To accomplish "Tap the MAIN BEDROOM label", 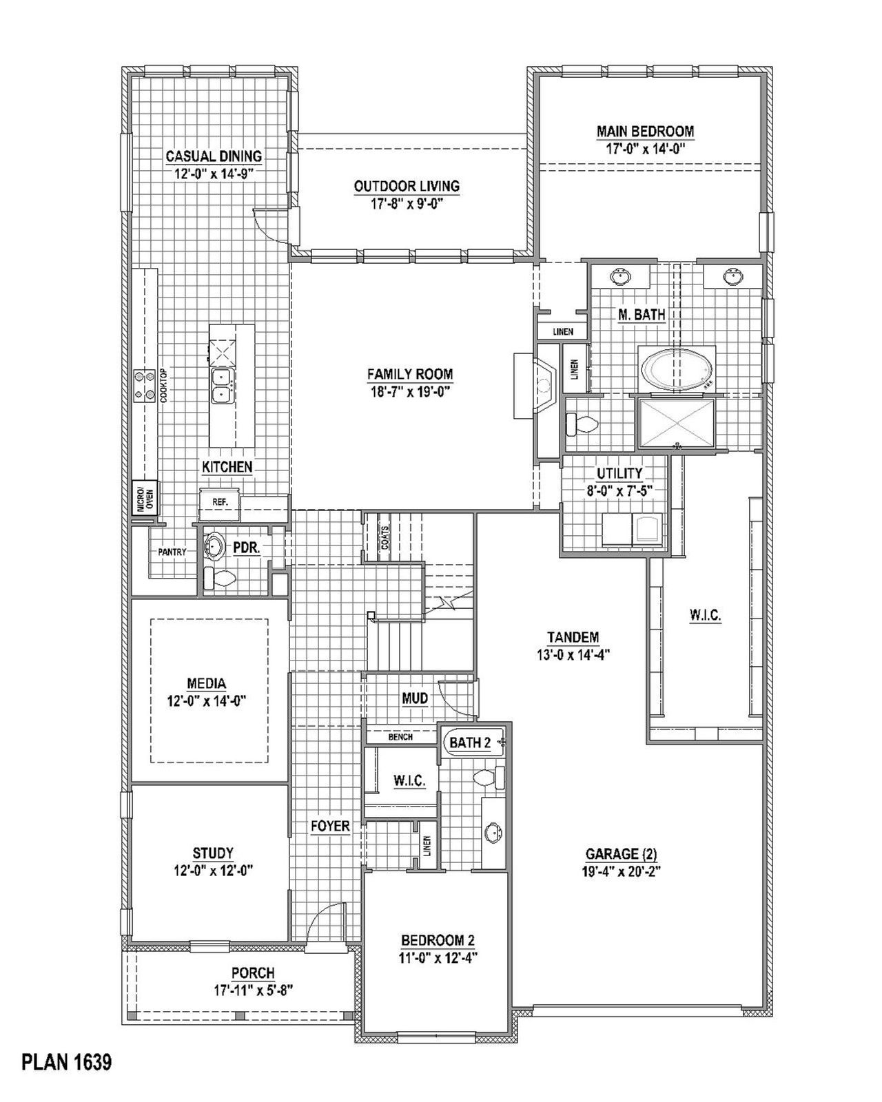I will pyautogui.click(x=645, y=131).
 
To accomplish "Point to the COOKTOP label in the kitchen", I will pyautogui.click(x=163, y=386).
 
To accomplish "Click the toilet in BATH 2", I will pyautogui.click(x=489, y=778).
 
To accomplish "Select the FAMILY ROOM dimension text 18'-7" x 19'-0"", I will pyautogui.click(x=409, y=392).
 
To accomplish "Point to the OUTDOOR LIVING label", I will pyautogui.click(x=407, y=186).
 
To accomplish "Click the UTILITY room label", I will pyautogui.click(x=619, y=473).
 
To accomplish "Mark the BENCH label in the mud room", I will pyautogui.click(x=400, y=737).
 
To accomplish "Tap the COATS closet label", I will pyautogui.click(x=384, y=538).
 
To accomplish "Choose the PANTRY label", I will pyautogui.click(x=172, y=552).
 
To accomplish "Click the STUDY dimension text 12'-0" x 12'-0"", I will pyautogui.click(x=214, y=870).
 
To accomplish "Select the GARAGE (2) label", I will pyautogui.click(x=620, y=854).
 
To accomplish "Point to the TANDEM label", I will pyautogui.click(x=573, y=637).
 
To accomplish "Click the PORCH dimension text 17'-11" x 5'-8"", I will pyautogui.click(x=254, y=991).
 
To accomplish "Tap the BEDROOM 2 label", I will pyautogui.click(x=438, y=940).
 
